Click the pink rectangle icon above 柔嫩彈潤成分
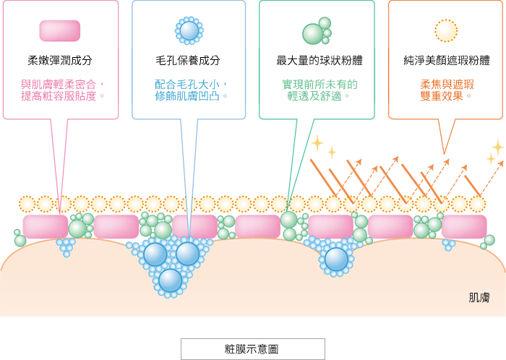60,31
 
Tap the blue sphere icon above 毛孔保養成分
189,30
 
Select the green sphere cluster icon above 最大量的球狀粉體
317,31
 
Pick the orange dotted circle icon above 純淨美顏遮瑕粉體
446,30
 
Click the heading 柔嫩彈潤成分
60,60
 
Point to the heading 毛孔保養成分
188,60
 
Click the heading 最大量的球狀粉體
320,60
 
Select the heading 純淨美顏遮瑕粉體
447,60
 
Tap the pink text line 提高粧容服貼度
59,96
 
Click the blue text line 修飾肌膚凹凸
187,96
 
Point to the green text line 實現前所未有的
320,84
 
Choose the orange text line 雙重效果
442,96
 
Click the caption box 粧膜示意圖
253,349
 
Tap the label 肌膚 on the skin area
479,297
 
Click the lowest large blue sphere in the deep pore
171,280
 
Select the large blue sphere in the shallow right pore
336,259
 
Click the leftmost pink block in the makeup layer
45,227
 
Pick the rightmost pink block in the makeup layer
464,227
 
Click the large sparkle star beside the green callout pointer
317,143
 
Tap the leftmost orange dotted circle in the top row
27,204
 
